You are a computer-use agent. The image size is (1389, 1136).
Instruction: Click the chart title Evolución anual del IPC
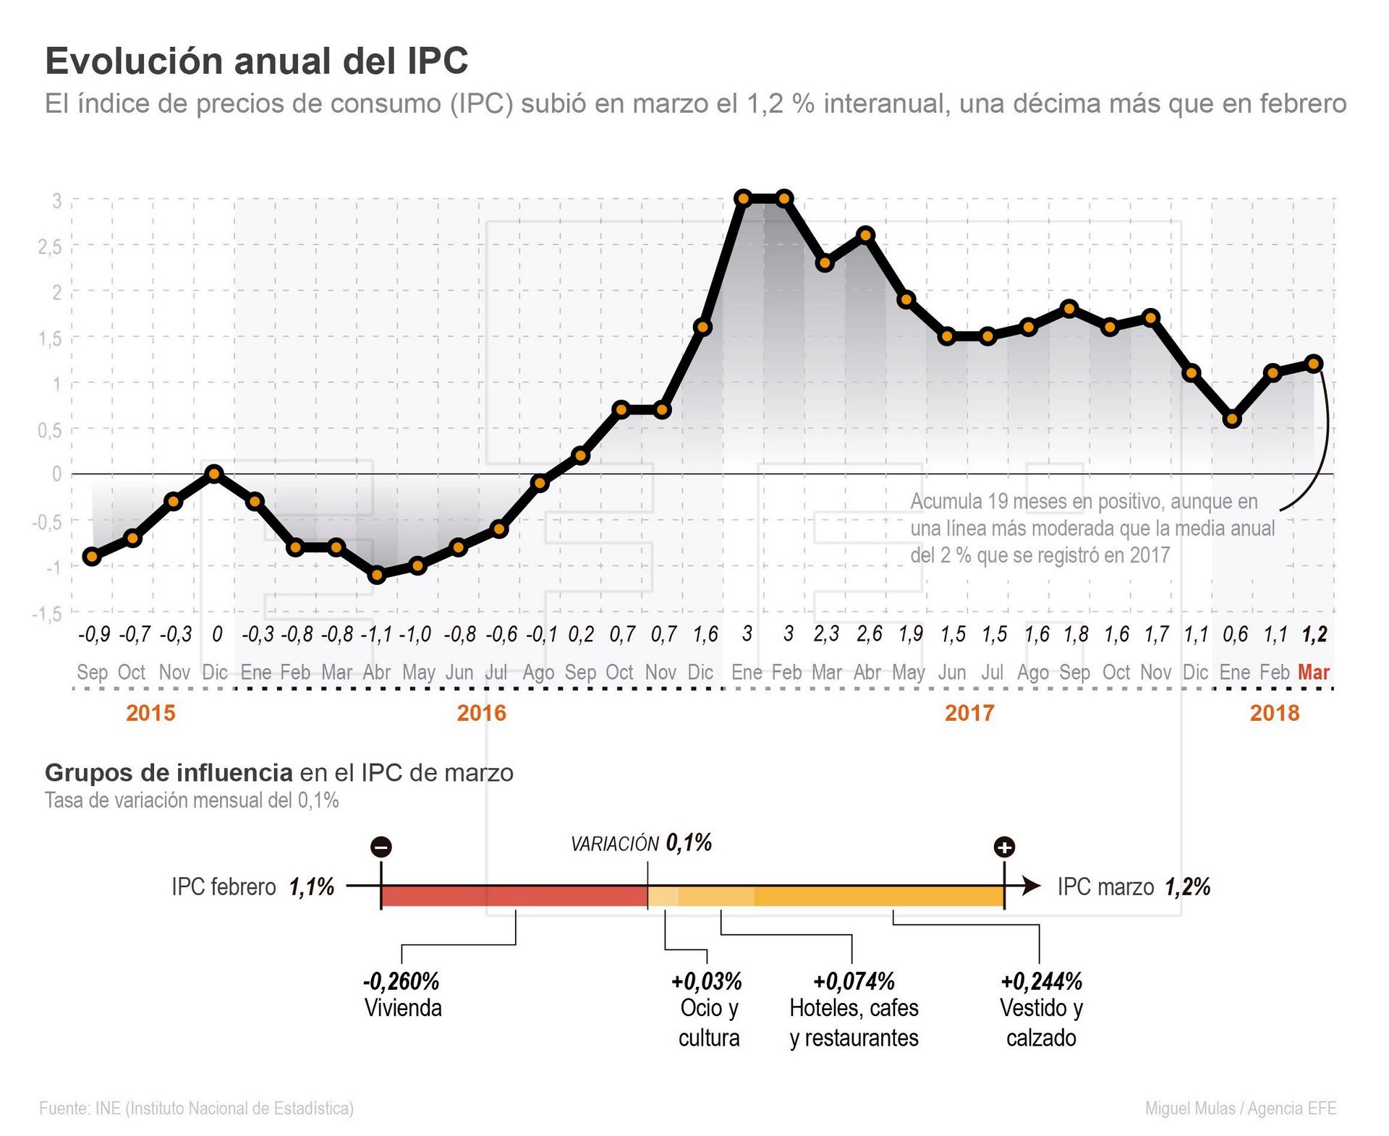[x=257, y=61]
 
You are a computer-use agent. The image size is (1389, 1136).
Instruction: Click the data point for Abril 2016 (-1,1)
[x=377, y=576]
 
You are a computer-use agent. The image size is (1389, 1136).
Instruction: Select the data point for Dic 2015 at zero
[x=213, y=474]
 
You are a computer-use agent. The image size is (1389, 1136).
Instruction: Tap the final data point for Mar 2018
[x=1314, y=364]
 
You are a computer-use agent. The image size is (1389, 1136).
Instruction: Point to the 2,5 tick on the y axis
[x=50, y=247]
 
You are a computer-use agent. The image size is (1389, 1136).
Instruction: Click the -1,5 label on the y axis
[x=46, y=614]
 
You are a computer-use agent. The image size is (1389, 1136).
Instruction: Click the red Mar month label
[x=1313, y=672]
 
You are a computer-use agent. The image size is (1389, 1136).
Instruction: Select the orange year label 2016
[x=481, y=713]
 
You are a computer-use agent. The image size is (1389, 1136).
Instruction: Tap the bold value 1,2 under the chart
[x=1314, y=635]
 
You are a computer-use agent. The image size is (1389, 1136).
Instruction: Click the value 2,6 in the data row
[x=869, y=634]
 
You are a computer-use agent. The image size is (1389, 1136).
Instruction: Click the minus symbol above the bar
[x=381, y=847]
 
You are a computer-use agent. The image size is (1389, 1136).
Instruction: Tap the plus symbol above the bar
[x=1004, y=847]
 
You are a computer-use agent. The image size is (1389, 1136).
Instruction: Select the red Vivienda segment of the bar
[x=514, y=897]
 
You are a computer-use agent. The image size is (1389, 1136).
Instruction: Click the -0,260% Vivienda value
[x=402, y=981]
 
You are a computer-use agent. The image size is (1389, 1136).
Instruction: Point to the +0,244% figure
[x=1041, y=981]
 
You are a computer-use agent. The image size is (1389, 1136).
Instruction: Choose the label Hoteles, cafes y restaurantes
[x=854, y=1022]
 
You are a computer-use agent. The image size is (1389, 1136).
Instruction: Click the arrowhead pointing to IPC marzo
[x=1032, y=886]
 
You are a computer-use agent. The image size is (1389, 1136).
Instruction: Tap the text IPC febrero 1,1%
[x=252, y=887]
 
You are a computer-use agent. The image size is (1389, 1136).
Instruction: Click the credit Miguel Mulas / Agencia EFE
[x=1240, y=1108]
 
